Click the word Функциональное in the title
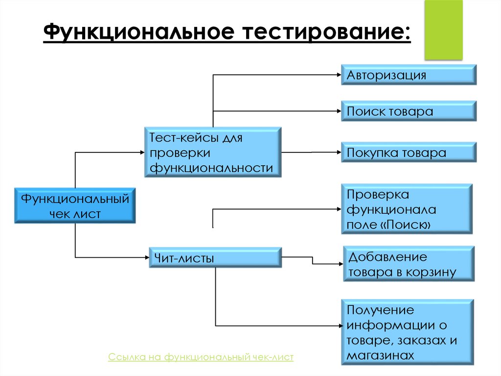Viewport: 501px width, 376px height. click(x=137, y=33)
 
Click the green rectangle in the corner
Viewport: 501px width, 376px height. click(x=443, y=30)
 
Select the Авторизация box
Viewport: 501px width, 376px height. click(x=409, y=75)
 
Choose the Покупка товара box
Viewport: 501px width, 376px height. click(x=409, y=153)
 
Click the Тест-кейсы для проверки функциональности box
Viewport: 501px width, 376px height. click(x=213, y=152)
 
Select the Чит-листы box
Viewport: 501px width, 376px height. click(x=215, y=258)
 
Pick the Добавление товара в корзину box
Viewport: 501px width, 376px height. click(x=409, y=264)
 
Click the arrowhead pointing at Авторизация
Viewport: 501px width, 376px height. click(x=338, y=75)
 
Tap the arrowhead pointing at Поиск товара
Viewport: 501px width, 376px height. click(x=338, y=111)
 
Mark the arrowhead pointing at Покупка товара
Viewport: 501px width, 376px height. click(x=338, y=152)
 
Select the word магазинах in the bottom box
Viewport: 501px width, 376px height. click(x=380, y=355)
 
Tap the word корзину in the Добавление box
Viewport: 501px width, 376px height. click(x=435, y=273)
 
